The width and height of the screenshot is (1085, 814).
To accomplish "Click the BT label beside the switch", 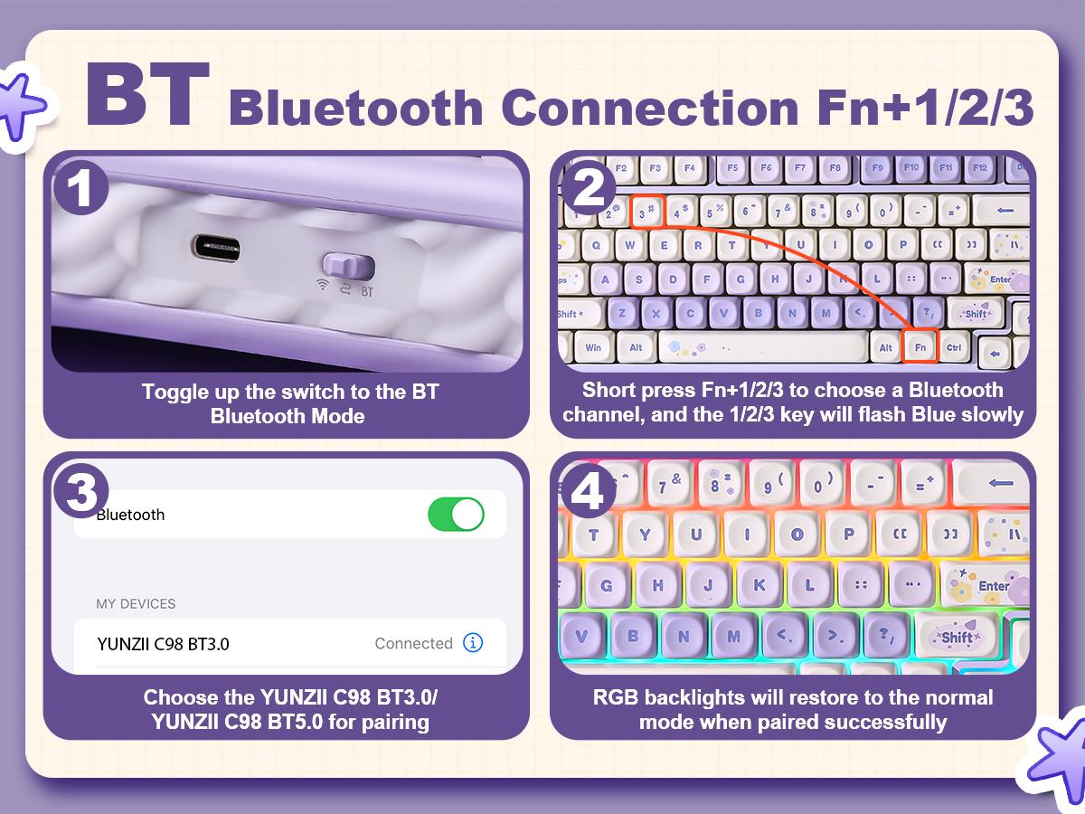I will coord(367,292).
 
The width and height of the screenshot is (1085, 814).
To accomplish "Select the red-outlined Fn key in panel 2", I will coord(920,347).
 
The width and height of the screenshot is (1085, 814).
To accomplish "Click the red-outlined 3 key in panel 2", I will coord(646,212).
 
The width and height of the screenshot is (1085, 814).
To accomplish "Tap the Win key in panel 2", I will coord(593,347).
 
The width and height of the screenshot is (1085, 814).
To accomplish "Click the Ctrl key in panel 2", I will coord(954,347).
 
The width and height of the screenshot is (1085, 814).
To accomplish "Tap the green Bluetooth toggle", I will coord(456,514).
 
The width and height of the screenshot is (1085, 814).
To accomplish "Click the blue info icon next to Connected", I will coord(473,643).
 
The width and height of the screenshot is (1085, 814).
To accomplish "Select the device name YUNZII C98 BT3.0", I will coord(163,644).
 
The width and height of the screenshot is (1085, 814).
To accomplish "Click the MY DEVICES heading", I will coord(136,603).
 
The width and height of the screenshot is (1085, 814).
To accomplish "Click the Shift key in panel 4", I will coord(958,636).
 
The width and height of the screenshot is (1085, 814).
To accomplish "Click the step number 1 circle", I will coord(81,189).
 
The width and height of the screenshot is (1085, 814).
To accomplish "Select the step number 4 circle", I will coord(589,492).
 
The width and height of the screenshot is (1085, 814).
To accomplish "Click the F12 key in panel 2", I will coord(979,168).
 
